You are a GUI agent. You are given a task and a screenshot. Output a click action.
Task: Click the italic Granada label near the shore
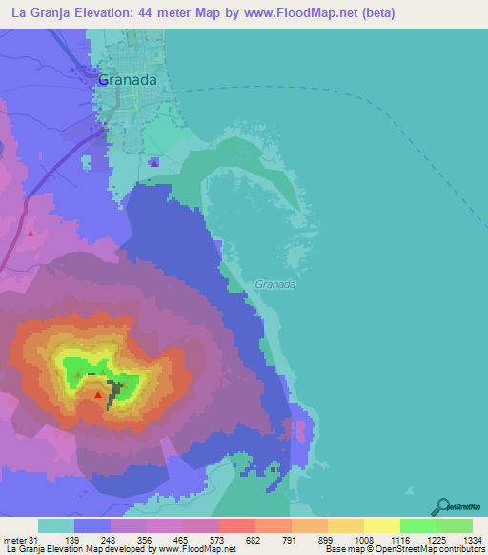point(275,284)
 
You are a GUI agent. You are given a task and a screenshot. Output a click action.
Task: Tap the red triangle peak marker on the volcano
point(97,392)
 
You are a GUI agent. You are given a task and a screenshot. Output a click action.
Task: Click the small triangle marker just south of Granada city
point(154,162)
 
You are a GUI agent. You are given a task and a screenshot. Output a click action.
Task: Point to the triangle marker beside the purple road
point(30,232)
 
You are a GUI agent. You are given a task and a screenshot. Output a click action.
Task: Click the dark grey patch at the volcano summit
point(114,392)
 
